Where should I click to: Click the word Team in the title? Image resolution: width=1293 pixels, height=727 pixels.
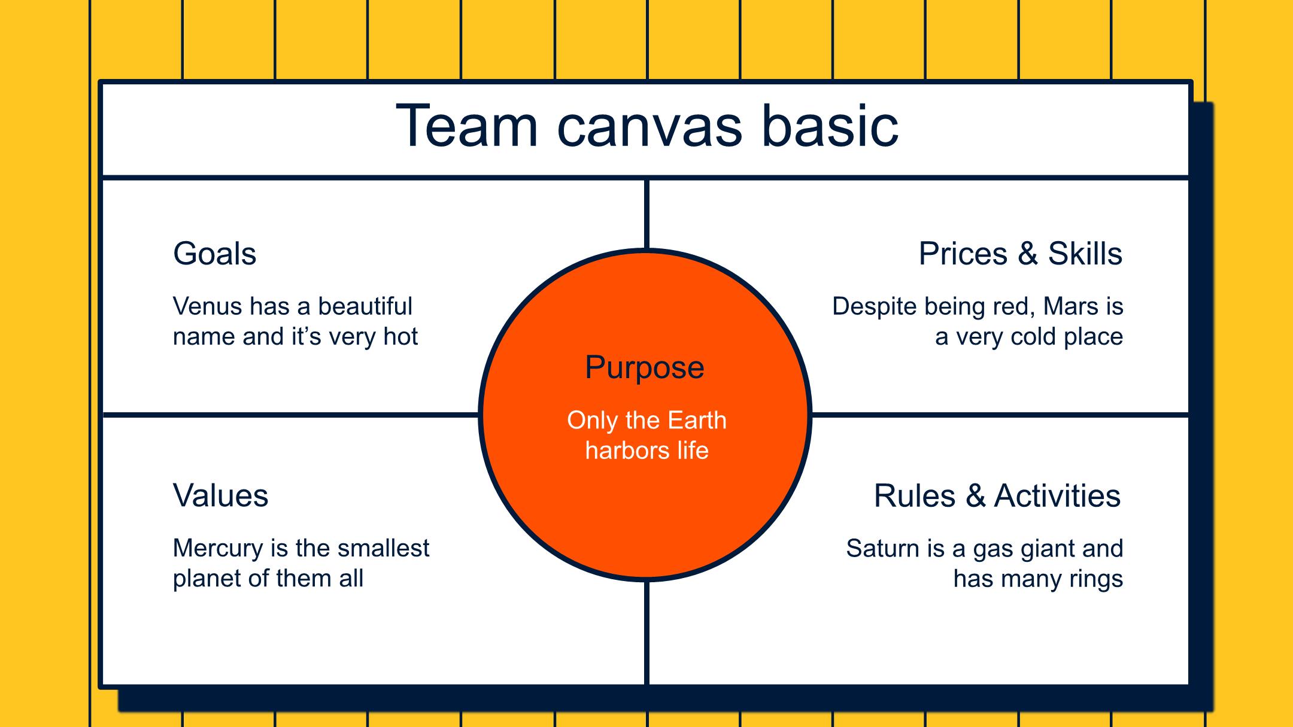click(x=466, y=126)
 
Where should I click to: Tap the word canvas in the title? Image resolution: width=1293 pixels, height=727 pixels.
click(x=649, y=127)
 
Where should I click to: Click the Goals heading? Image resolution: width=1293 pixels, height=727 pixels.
click(x=214, y=254)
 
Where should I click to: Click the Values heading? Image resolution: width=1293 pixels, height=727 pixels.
click(x=220, y=495)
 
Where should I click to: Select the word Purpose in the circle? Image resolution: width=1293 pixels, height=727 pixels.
click(x=644, y=367)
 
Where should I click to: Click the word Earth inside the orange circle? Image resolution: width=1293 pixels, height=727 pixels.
click(x=697, y=420)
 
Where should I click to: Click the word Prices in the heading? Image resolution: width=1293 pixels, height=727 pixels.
click(x=963, y=254)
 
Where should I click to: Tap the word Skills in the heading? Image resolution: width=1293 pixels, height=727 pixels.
click(x=1085, y=254)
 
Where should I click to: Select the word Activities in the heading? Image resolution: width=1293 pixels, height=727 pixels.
click(x=1057, y=496)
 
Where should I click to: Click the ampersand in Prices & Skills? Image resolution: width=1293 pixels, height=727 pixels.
click(x=1027, y=254)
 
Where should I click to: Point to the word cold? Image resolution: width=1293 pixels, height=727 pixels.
click(x=1034, y=337)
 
